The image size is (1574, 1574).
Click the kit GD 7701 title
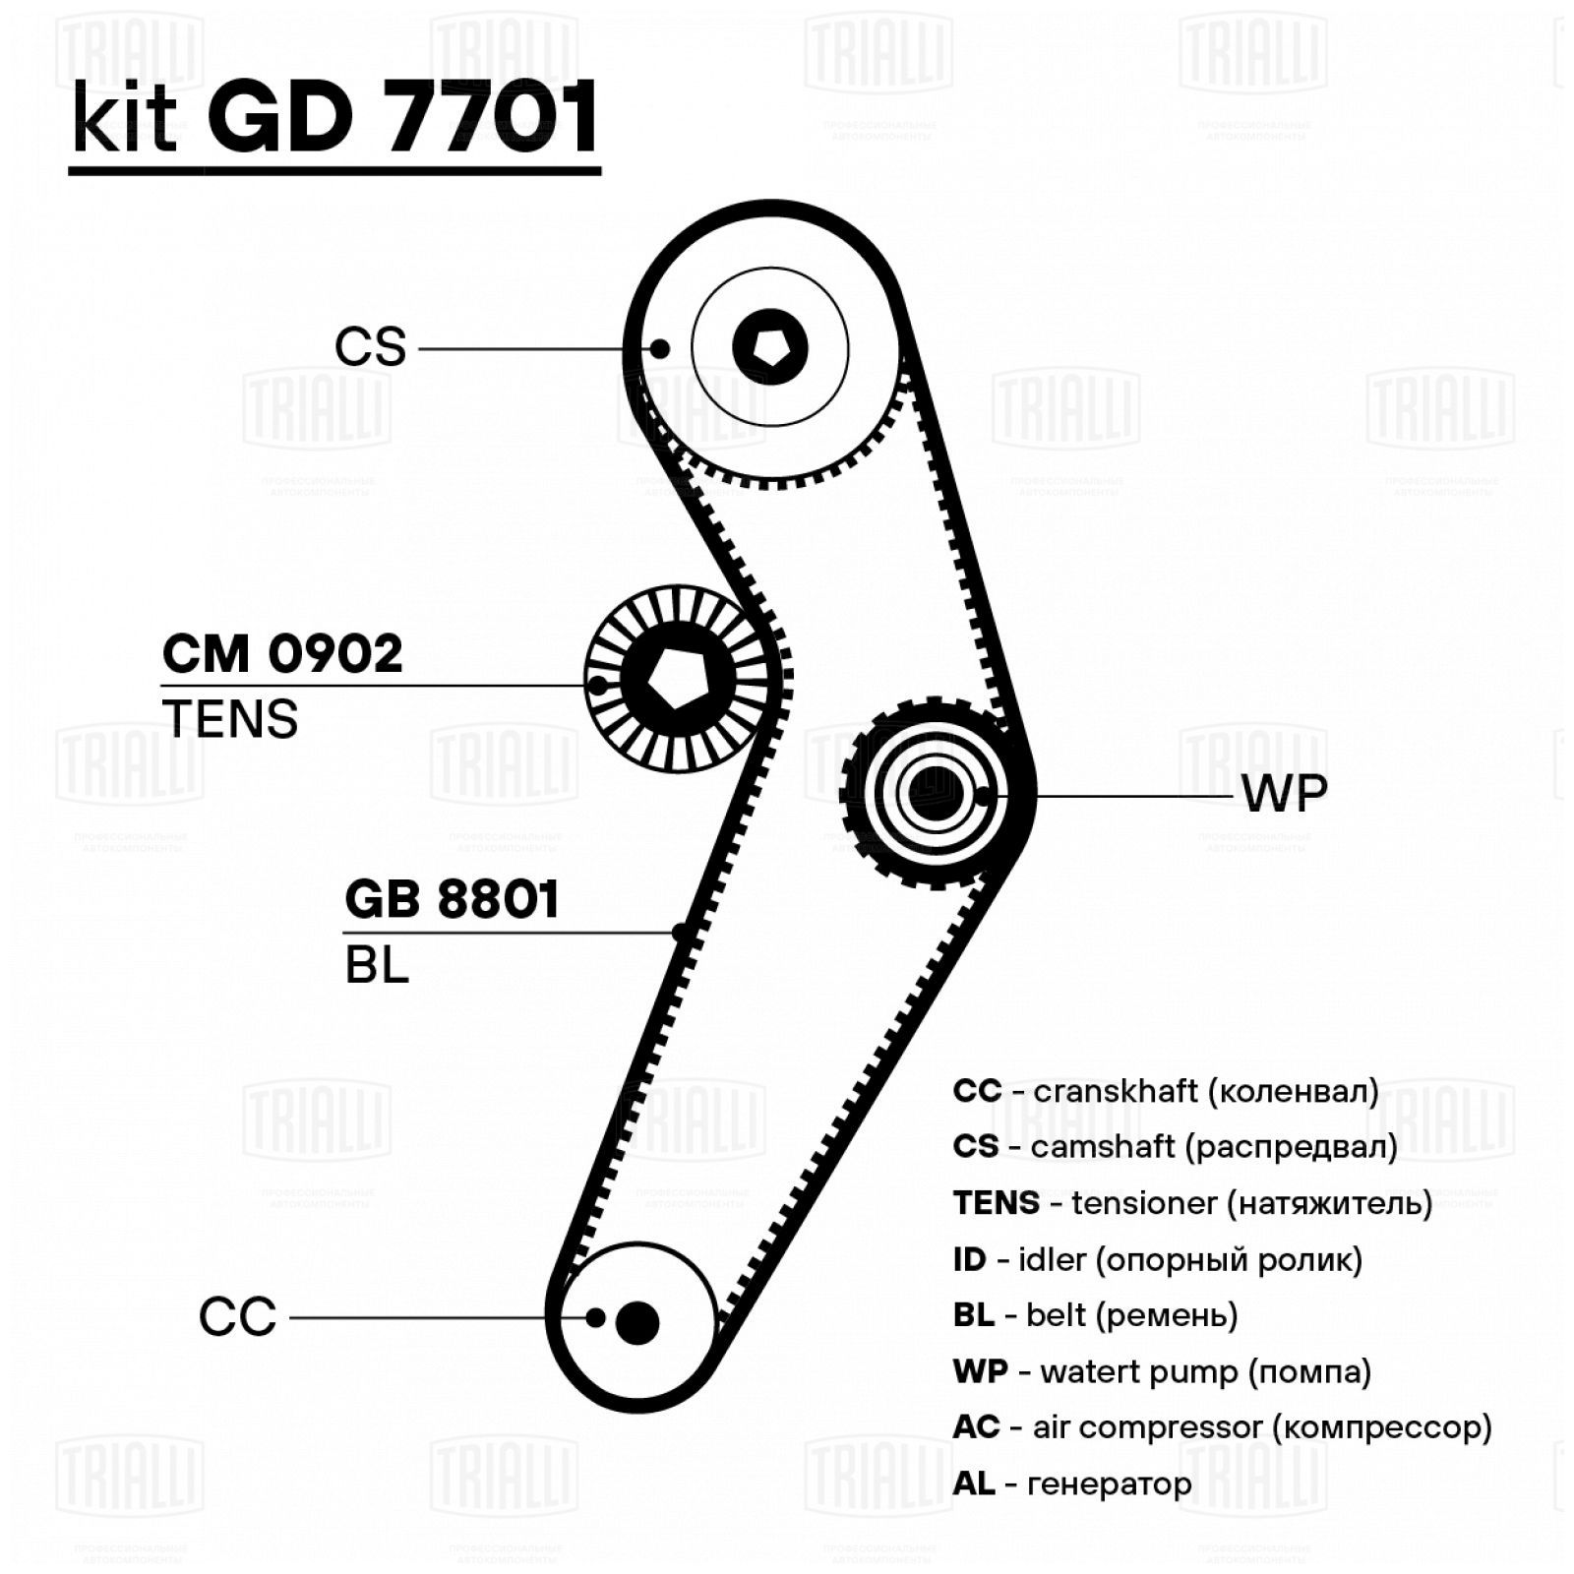pos(334,120)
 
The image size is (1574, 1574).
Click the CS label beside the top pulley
pos(370,347)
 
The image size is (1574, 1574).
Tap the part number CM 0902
pos(282,653)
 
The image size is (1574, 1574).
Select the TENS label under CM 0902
pos(230,719)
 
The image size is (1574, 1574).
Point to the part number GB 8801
pos(452,898)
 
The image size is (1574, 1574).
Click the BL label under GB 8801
pos(377,965)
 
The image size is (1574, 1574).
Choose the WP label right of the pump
pos(1285,794)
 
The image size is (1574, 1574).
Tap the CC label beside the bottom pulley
pos(237,1316)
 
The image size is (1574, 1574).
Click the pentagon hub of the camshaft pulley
pos(769,347)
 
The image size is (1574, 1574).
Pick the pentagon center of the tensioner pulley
pos(676,678)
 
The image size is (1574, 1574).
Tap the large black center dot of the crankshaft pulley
pos(637,1322)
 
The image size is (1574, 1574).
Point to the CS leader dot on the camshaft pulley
pos(660,348)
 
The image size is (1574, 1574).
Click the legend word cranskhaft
pos(1116,1091)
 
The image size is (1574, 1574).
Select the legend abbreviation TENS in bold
pos(996,1202)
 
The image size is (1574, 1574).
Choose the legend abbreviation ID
pos(969,1258)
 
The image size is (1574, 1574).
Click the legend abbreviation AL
pos(974,1483)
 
